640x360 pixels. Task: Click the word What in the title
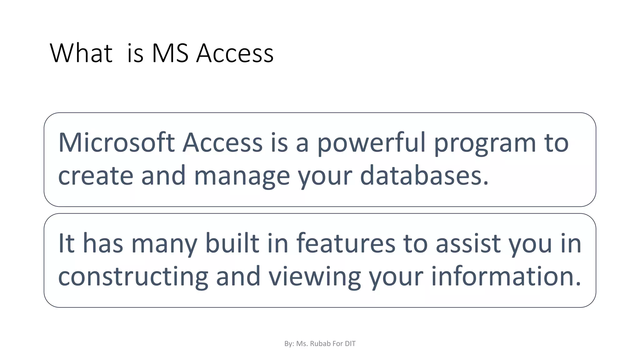tap(81, 53)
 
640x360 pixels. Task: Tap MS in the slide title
tap(170, 53)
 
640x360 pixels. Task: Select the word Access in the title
tap(235, 53)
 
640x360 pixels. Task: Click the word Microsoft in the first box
tap(116, 142)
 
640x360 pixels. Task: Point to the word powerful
tap(372, 143)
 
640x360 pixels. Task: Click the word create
tap(96, 176)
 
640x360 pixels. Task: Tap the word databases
tap(424, 176)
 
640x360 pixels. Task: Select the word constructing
tap(133, 277)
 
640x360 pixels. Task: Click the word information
tap(506, 276)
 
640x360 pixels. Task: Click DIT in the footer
tap(350, 344)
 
